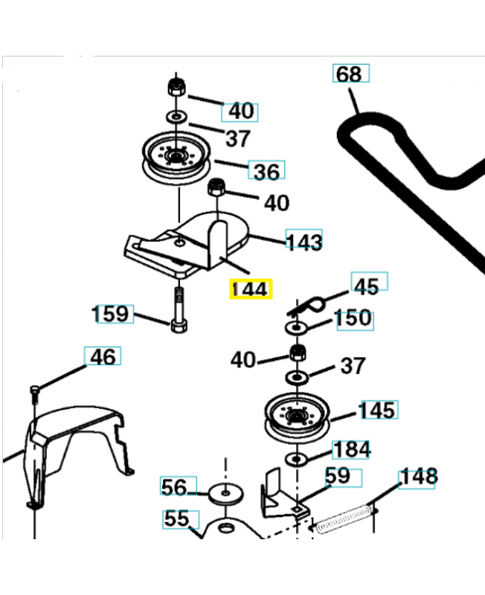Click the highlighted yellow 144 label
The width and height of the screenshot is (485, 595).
pyautogui.click(x=251, y=289)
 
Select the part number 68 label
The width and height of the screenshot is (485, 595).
pyautogui.click(x=350, y=74)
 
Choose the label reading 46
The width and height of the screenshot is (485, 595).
pyautogui.click(x=102, y=357)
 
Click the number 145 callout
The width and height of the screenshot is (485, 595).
pyautogui.click(x=378, y=410)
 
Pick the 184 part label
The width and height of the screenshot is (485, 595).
pyautogui.click(x=352, y=449)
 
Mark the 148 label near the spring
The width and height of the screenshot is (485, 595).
pyautogui.click(x=419, y=477)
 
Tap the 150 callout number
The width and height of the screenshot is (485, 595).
pyautogui.click(x=353, y=318)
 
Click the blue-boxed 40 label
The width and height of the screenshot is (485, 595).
pyautogui.click(x=240, y=112)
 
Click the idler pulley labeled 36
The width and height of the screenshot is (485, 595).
pyautogui.click(x=176, y=160)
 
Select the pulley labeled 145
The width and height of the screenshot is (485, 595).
pyautogui.click(x=297, y=419)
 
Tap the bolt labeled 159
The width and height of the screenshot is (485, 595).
pyautogui.click(x=179, y=313)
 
